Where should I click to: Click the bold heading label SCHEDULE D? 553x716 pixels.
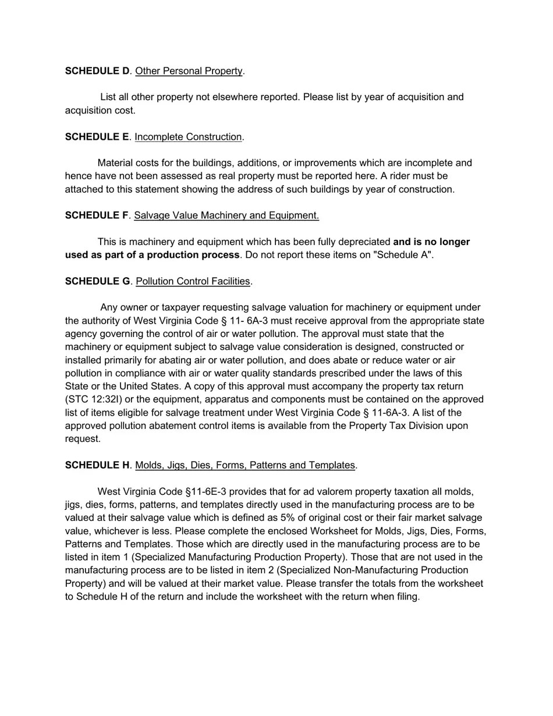(97, 71)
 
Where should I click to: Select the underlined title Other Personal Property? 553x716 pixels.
(189, 71)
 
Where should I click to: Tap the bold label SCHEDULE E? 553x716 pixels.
(97, 137)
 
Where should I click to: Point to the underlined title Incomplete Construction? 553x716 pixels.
(188, 137)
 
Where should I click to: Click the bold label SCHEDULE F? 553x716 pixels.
(97, 215)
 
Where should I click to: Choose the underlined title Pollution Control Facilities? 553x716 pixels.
(193, 281)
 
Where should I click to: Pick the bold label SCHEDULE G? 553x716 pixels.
(98, 281)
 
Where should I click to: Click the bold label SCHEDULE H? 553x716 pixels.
(98, 465)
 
